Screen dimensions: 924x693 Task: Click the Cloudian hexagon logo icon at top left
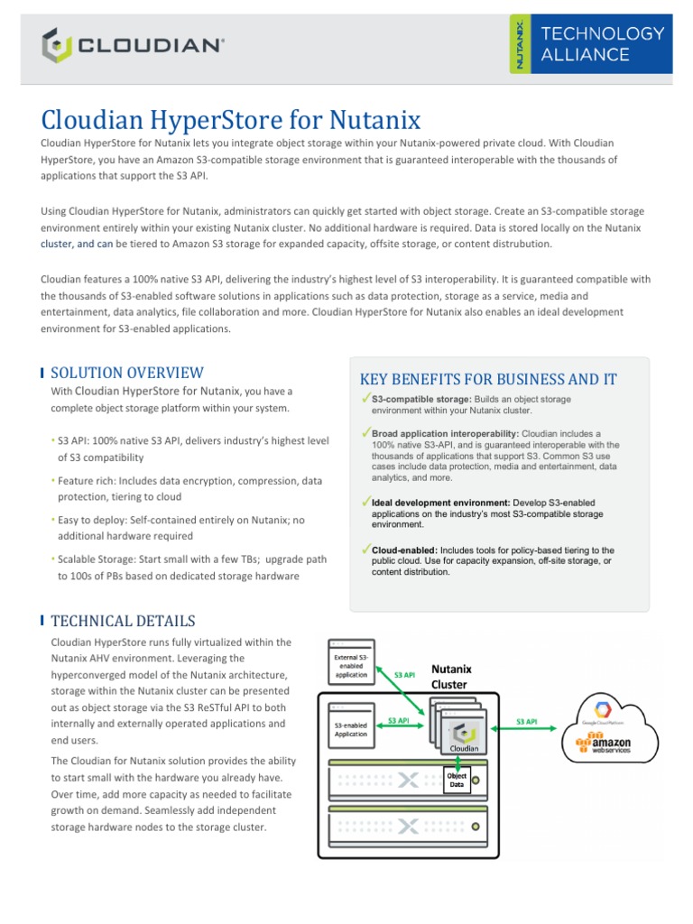(56, 43)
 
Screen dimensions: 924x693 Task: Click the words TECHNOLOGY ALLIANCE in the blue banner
(602, 43)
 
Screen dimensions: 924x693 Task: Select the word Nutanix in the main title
(372, 120)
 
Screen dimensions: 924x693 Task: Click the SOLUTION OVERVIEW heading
(127, 373)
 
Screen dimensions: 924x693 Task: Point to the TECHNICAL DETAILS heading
(123, 621)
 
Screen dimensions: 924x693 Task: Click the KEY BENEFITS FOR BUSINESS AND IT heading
(488, 379)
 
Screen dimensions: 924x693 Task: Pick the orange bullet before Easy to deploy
(54, 521)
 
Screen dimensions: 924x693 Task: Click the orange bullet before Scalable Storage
(54, 560)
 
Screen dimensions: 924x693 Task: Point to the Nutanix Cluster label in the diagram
(449, 677)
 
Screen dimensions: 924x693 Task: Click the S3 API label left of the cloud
(526, 722)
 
